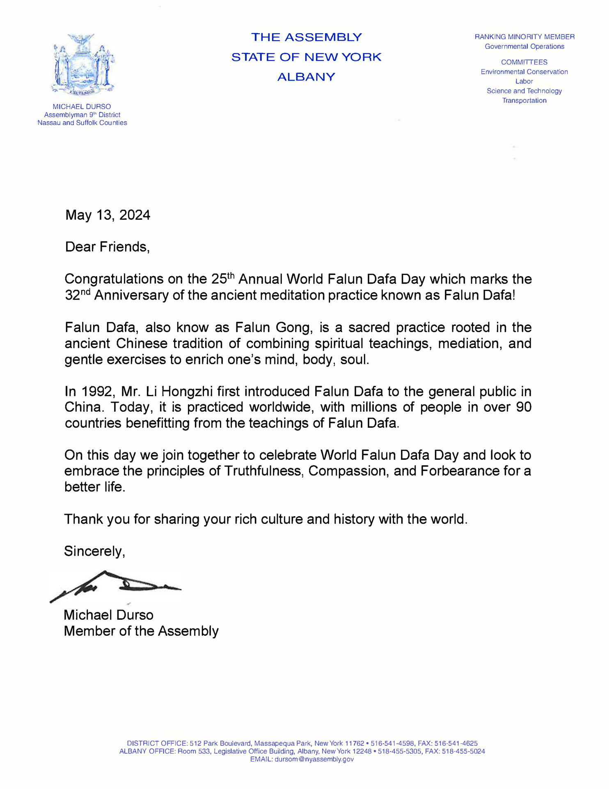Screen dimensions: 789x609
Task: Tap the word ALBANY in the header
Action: [306, 77]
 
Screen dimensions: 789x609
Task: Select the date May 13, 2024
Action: [108, 215]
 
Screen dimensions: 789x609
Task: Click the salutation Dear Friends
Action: [107, 247]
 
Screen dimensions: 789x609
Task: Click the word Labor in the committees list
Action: [524, 81]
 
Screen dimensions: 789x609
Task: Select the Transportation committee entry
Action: [524, 101]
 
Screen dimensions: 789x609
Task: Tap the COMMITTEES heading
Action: [524, 62]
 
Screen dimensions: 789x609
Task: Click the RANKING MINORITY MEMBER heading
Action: [524, 37]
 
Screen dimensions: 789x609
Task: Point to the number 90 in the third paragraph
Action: [523, 407]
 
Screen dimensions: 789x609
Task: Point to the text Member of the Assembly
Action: [141, 631]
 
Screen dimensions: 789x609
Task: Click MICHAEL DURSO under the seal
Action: [82, 107]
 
